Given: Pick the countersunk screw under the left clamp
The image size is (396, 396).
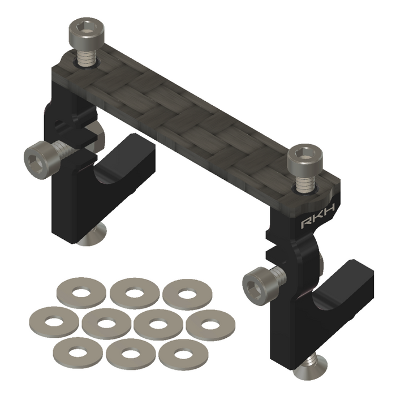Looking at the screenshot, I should point(93,236).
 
